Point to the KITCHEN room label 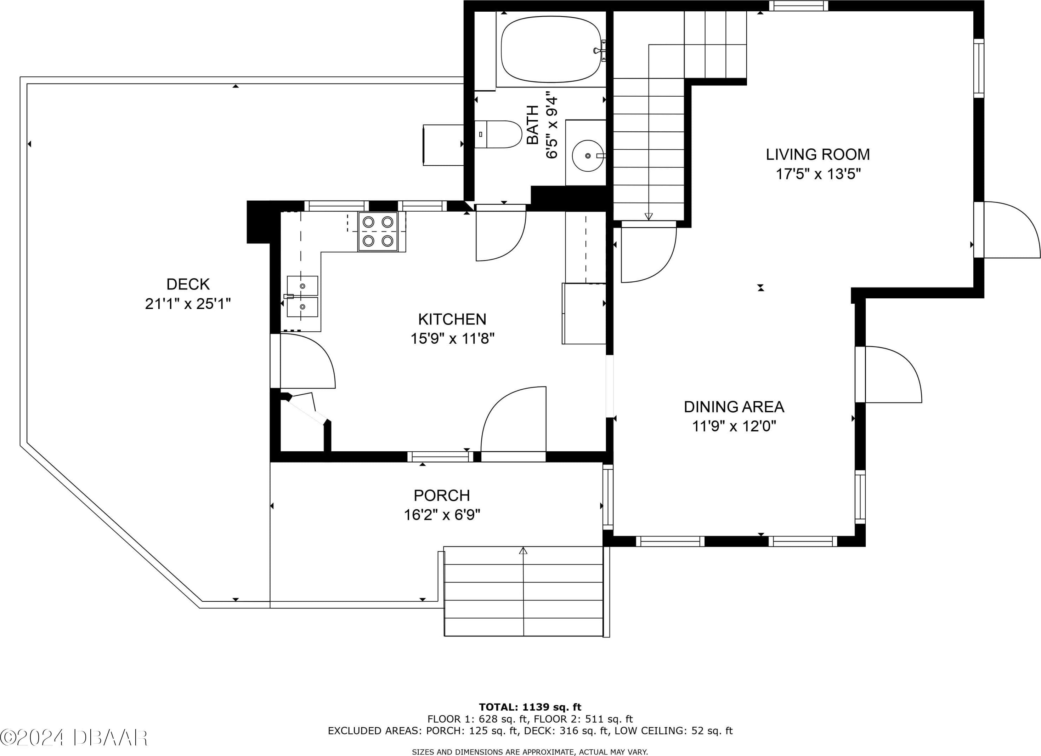point(452,319)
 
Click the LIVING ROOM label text point(818,154)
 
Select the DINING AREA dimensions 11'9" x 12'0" point(734,426)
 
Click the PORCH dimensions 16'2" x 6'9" point(442,515)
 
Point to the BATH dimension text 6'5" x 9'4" point(552,125)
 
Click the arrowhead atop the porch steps point(523,550)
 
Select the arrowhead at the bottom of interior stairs point(649,216)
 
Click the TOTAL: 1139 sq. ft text point(530,707)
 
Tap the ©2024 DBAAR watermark point(74,737)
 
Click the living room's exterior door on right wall point(1007,230)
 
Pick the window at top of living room point(799,6)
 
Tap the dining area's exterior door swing point(889,374)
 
